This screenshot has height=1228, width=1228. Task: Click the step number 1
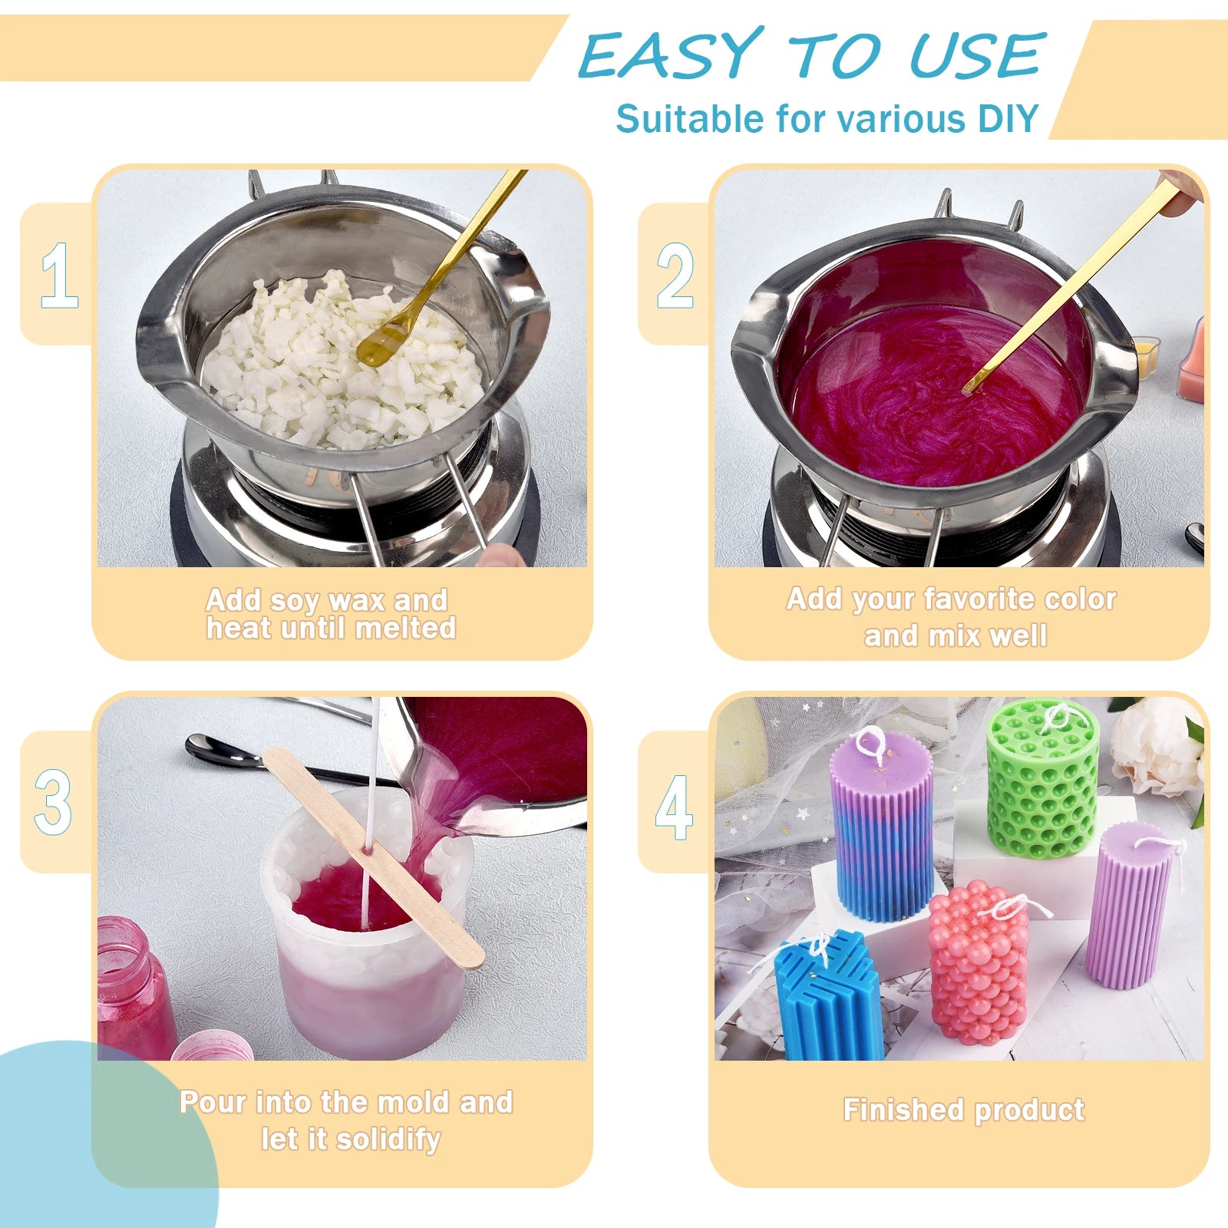[x=59, y=276]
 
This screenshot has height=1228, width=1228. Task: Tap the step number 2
[x=675, y=276]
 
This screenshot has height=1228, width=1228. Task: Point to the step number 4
[x=674, y=807]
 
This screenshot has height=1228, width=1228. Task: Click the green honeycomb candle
[x=1042, y=779]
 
